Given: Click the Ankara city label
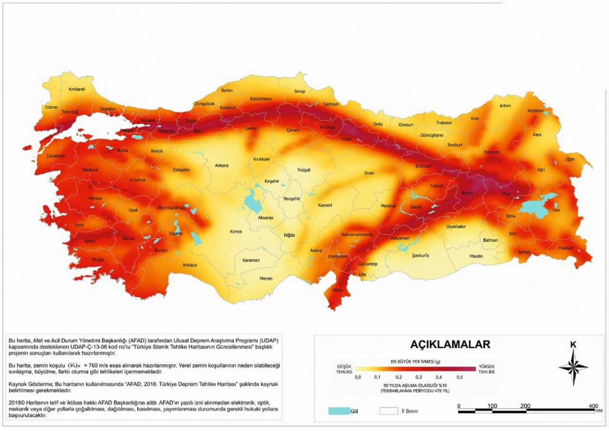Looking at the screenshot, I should (222, 166).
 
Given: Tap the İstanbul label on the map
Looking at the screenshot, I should (108, 109).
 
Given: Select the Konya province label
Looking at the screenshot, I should (236, 231).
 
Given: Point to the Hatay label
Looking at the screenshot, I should (337, 290).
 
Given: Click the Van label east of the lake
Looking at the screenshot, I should (556, 210).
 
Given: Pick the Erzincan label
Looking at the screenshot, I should (423, 166).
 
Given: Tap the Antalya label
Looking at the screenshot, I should (189, 265).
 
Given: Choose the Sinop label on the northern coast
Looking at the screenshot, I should (299, 91).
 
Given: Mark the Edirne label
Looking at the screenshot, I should (51, 107).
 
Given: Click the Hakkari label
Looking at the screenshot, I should (566, 248).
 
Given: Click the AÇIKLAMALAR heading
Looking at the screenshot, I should (450, 344).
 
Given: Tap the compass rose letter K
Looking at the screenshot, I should (573, 345).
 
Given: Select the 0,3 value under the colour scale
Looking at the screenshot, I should (419, 377).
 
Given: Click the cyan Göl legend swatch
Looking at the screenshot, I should (339, 411).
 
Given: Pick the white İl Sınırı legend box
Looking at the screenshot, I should (389, 411).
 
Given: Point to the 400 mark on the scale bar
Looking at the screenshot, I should (593, 406).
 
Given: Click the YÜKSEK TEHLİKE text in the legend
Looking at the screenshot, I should (486, 369).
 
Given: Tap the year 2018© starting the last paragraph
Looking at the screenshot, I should (16, 402).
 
